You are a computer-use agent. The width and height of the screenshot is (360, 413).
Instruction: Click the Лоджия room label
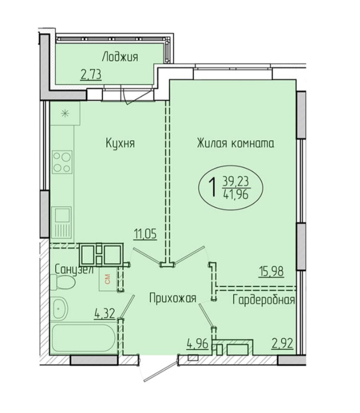[120, 57]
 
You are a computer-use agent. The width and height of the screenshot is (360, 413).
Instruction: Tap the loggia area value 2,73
[91, 75]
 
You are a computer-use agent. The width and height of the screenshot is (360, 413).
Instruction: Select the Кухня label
[120, 143]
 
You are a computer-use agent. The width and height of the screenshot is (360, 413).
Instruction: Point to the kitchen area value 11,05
[145, 234]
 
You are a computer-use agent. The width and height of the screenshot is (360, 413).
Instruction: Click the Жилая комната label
[236, 143]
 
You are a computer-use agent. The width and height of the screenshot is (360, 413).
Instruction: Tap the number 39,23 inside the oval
[236, 181]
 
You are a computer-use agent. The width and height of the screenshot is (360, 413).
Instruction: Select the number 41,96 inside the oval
[236, 194]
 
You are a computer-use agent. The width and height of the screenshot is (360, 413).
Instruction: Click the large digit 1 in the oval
[212, 187]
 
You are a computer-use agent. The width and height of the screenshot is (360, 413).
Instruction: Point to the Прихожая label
[173, 299]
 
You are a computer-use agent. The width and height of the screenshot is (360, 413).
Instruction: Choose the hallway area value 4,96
[198, 344]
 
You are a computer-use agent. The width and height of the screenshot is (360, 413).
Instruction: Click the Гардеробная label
[264, 300]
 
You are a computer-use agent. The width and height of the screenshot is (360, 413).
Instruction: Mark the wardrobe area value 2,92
[283, 344]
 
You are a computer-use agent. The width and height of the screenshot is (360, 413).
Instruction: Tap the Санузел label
[74, 270]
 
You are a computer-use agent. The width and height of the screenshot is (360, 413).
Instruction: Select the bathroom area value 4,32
[105, 314]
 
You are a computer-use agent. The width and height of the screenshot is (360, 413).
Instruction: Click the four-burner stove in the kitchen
[62, 162]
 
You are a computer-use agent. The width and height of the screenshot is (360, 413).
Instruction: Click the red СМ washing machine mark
[108, 279]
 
